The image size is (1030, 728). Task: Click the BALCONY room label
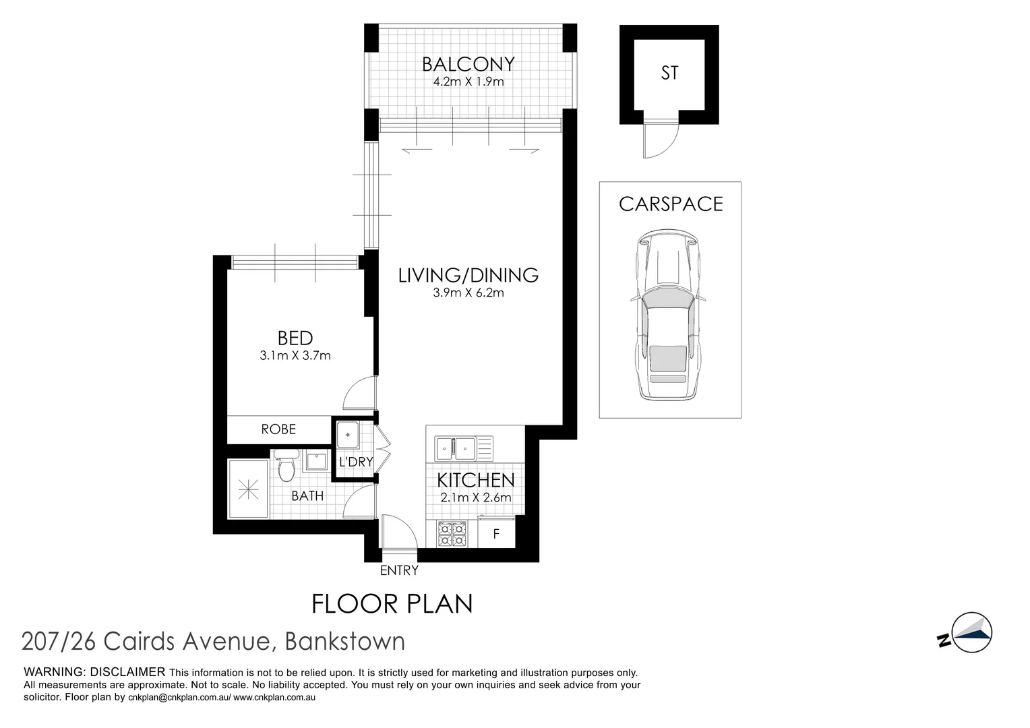click(468, 64)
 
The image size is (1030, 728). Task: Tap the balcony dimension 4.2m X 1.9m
click(468, 82)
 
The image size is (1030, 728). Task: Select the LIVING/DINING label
click(468, 275)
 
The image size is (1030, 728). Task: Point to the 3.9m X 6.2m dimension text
click(468, 293)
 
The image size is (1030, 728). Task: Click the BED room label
click(295, 338)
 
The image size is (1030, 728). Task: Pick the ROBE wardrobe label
click(278, 429)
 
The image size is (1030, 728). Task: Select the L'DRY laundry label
click(355, 462)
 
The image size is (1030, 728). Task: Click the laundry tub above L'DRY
click(349, 434)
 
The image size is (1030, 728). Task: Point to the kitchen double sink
click(456, 446)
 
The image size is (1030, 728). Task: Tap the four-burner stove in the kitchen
click(452, 534)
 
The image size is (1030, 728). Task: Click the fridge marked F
click(496, 534)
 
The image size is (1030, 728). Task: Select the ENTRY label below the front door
click(399, 571)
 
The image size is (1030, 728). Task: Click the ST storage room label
click(669, 73)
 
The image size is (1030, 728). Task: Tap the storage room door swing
click(659, 140)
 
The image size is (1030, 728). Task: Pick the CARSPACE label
click(671, 204)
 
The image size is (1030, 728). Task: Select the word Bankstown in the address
click(345, 641)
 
